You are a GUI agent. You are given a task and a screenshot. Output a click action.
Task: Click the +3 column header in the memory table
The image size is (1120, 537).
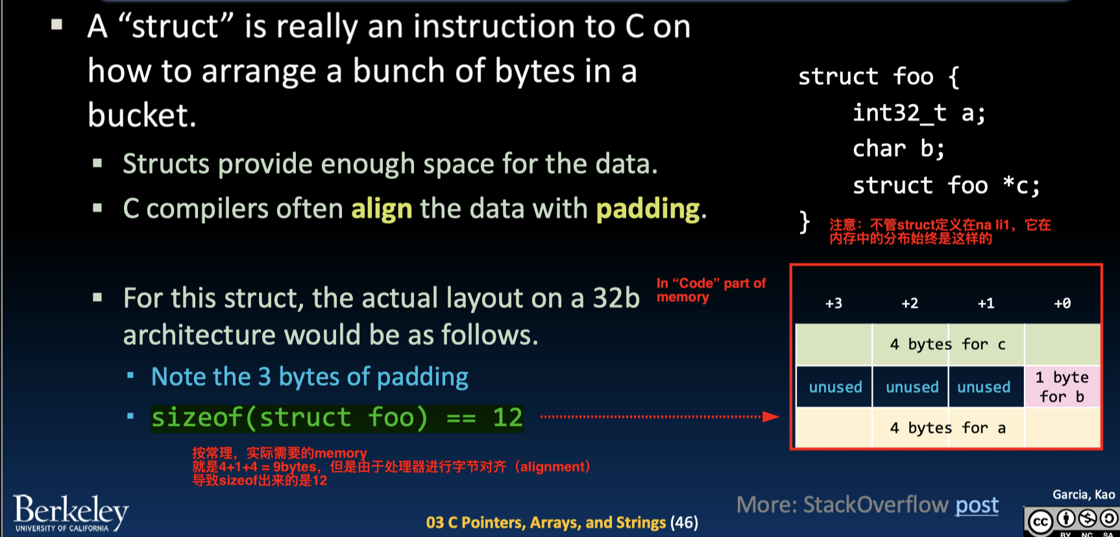[x=834, y=304]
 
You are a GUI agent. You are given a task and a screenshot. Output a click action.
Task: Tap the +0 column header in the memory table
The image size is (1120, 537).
[x=1062, y=304]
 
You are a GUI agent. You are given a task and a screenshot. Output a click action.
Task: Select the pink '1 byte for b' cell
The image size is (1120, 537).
[x=1062, y=387]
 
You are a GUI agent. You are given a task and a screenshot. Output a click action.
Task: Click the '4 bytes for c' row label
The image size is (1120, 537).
[x=947, y=344]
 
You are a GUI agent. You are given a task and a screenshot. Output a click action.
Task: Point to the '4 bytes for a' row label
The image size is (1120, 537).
[x=947, y=428]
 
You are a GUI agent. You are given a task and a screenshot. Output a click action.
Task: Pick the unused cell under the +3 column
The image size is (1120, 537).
[x=835, y=387]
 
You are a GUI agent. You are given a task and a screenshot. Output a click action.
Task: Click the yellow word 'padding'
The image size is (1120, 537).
[x=648, y=209]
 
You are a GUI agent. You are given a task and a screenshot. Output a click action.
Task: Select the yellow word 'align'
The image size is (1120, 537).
[x=382, y=209]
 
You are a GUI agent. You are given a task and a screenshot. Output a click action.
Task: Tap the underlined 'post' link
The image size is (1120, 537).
[x=977, y=505]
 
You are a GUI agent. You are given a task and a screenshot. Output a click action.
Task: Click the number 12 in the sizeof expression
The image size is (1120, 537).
[x=507, y=418]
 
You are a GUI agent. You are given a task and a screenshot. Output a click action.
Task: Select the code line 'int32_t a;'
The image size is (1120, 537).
[x=919, y=113]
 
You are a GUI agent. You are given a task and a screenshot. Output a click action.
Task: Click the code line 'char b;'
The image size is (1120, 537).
[x=899, y=149]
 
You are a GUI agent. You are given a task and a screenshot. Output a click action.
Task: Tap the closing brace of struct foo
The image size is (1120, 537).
[x=805, y=222]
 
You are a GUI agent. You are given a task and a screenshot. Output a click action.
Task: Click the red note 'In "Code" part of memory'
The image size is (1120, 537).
[x=710, y=290]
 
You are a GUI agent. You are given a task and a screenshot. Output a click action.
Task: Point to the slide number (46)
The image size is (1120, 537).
[x=684, y=523]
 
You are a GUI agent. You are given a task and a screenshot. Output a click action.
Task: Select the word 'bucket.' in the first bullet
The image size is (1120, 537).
[x=141, y=115]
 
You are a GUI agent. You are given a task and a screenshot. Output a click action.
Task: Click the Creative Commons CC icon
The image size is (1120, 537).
[x=1040, y=521]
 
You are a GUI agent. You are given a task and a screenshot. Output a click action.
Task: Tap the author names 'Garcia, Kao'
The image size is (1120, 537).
[x=1083, y=495]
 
